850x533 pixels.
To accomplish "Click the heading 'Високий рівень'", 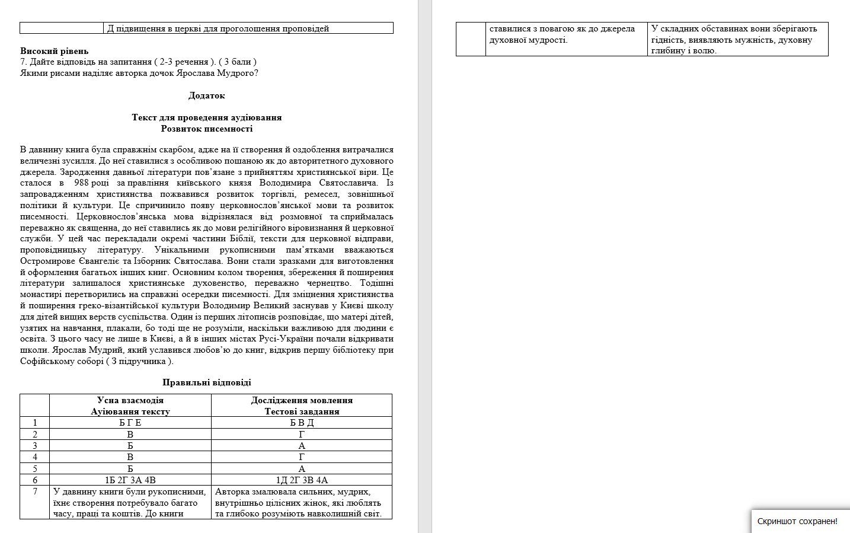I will tap(54, 51).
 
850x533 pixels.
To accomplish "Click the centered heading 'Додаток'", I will tap(206, 95).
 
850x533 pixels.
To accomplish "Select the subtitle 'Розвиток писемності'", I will tap(206, 129).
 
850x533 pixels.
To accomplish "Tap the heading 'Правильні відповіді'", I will tap(206, 382).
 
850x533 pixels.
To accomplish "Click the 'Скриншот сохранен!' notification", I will tap(797, 521).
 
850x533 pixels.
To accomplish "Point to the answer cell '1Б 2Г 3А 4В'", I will tap(130, 480).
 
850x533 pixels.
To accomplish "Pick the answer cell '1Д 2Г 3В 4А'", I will tap(302, 480).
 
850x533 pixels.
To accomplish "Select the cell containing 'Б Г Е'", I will tap(130, 423).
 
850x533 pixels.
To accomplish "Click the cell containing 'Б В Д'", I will tap(302, 423).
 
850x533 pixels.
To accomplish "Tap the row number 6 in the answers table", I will tap(35, 480).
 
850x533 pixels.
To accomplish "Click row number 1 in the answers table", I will tap(35, 423).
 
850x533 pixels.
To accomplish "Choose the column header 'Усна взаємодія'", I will tap(130, 400).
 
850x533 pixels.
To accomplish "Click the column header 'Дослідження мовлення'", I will tap(302, 400).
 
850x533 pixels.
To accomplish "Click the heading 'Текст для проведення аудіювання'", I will tap(206, 117).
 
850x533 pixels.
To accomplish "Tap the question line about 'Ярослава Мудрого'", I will tap(139, 73).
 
